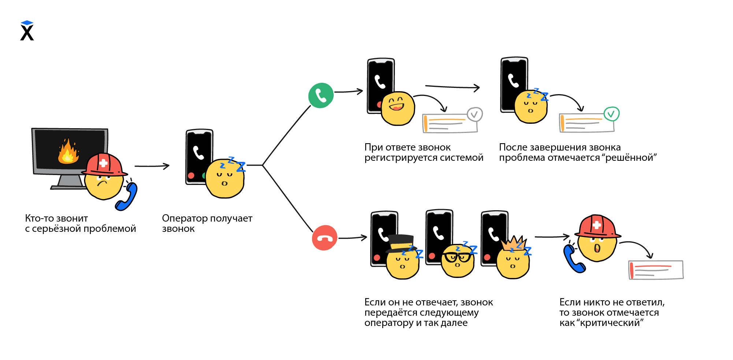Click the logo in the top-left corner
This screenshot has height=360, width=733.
tap(27, 31)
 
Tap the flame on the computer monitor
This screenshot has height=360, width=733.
tap(68, 152)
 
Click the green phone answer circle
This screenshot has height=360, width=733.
tap(321, 96)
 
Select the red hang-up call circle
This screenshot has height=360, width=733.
tap(325, 238)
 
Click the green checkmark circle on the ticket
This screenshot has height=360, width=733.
tap(611, 114)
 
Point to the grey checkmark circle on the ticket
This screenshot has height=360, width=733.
tap(475, 115)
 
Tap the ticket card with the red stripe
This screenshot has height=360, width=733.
tap(656, 270)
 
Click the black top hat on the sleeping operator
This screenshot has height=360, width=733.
tap(401, 243)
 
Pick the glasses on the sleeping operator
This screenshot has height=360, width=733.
tap(458, 257)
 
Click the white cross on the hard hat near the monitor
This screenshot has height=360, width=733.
tap(104, 163)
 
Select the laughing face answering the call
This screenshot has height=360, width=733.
tap(398, 108)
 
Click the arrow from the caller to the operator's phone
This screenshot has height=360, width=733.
tap(152, 166)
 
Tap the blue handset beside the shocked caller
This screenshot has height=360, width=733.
tap(574, 259)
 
